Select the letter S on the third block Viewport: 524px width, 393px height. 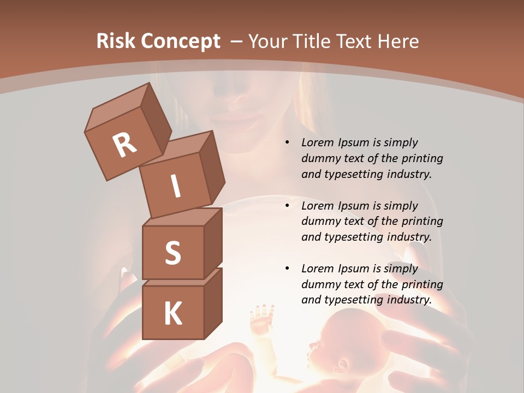click(x=172, y=253)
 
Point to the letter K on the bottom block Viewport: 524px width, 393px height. click(x=172, y=314)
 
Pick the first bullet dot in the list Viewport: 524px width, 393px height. click(x=287, y=143)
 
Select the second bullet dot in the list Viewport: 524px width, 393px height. click(x=287, y=206)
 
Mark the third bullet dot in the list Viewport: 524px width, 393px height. click(x=287, y=269)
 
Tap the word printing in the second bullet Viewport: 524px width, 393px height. click(x=420, y=222)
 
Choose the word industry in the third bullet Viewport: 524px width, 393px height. click(x=409, y=300)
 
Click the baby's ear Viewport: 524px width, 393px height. click(x=342, y=364)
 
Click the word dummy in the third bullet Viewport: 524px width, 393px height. click(x=321, y=284)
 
